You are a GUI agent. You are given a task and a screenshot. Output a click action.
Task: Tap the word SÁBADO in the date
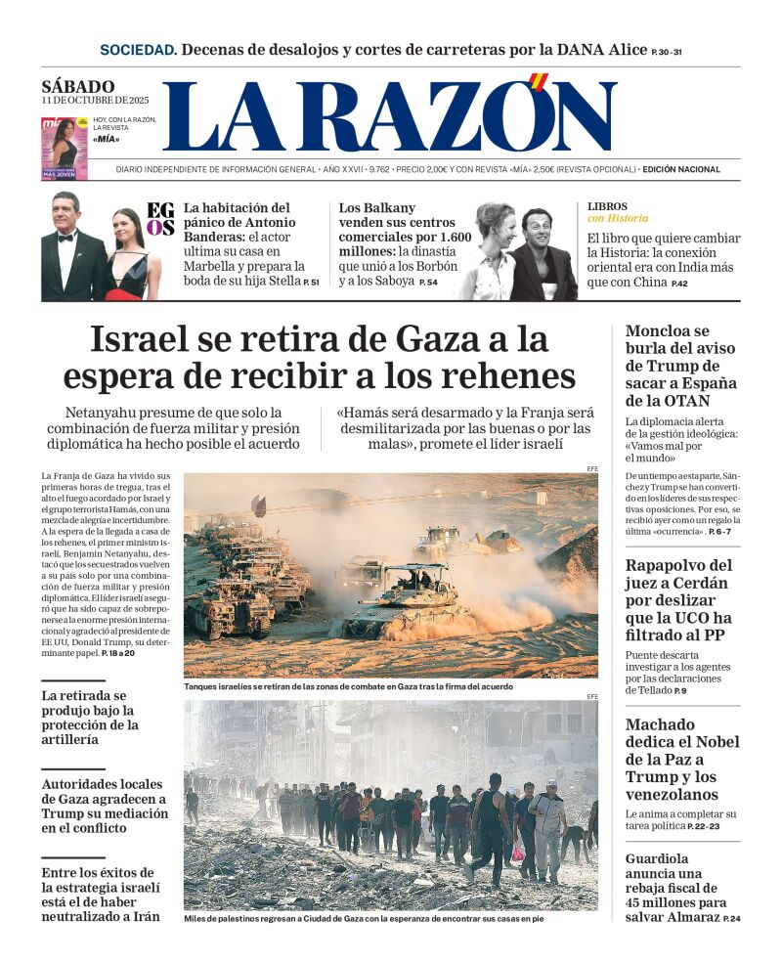[78, 86]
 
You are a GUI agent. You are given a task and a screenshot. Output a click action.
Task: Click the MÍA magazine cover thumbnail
[64, 149]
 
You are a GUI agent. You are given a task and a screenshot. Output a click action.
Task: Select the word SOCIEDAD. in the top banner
[139, 50]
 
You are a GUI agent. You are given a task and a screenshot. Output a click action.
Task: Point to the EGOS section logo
[160, 218]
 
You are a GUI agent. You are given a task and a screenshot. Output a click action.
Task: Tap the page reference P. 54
[428, 283]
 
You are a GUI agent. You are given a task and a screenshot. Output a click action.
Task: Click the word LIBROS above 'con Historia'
[607, 206]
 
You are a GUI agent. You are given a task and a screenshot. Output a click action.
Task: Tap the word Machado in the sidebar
[660, 724]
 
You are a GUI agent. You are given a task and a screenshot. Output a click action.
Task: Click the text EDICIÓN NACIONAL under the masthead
[681, 169]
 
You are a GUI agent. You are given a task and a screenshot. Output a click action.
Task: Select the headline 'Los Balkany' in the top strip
[377, 207]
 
